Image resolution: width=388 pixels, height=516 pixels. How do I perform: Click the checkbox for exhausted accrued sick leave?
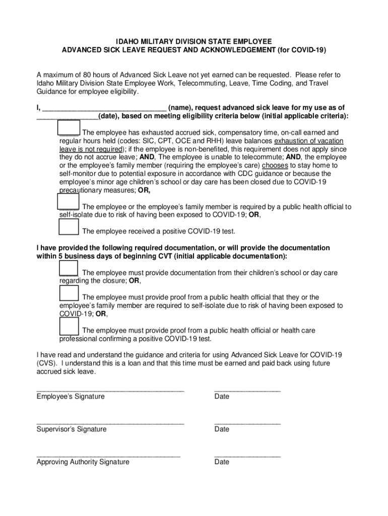69,128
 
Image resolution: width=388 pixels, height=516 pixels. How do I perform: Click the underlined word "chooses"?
275,165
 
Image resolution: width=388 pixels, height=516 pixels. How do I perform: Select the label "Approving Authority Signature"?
83,462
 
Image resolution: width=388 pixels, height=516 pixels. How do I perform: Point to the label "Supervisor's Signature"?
72,429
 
